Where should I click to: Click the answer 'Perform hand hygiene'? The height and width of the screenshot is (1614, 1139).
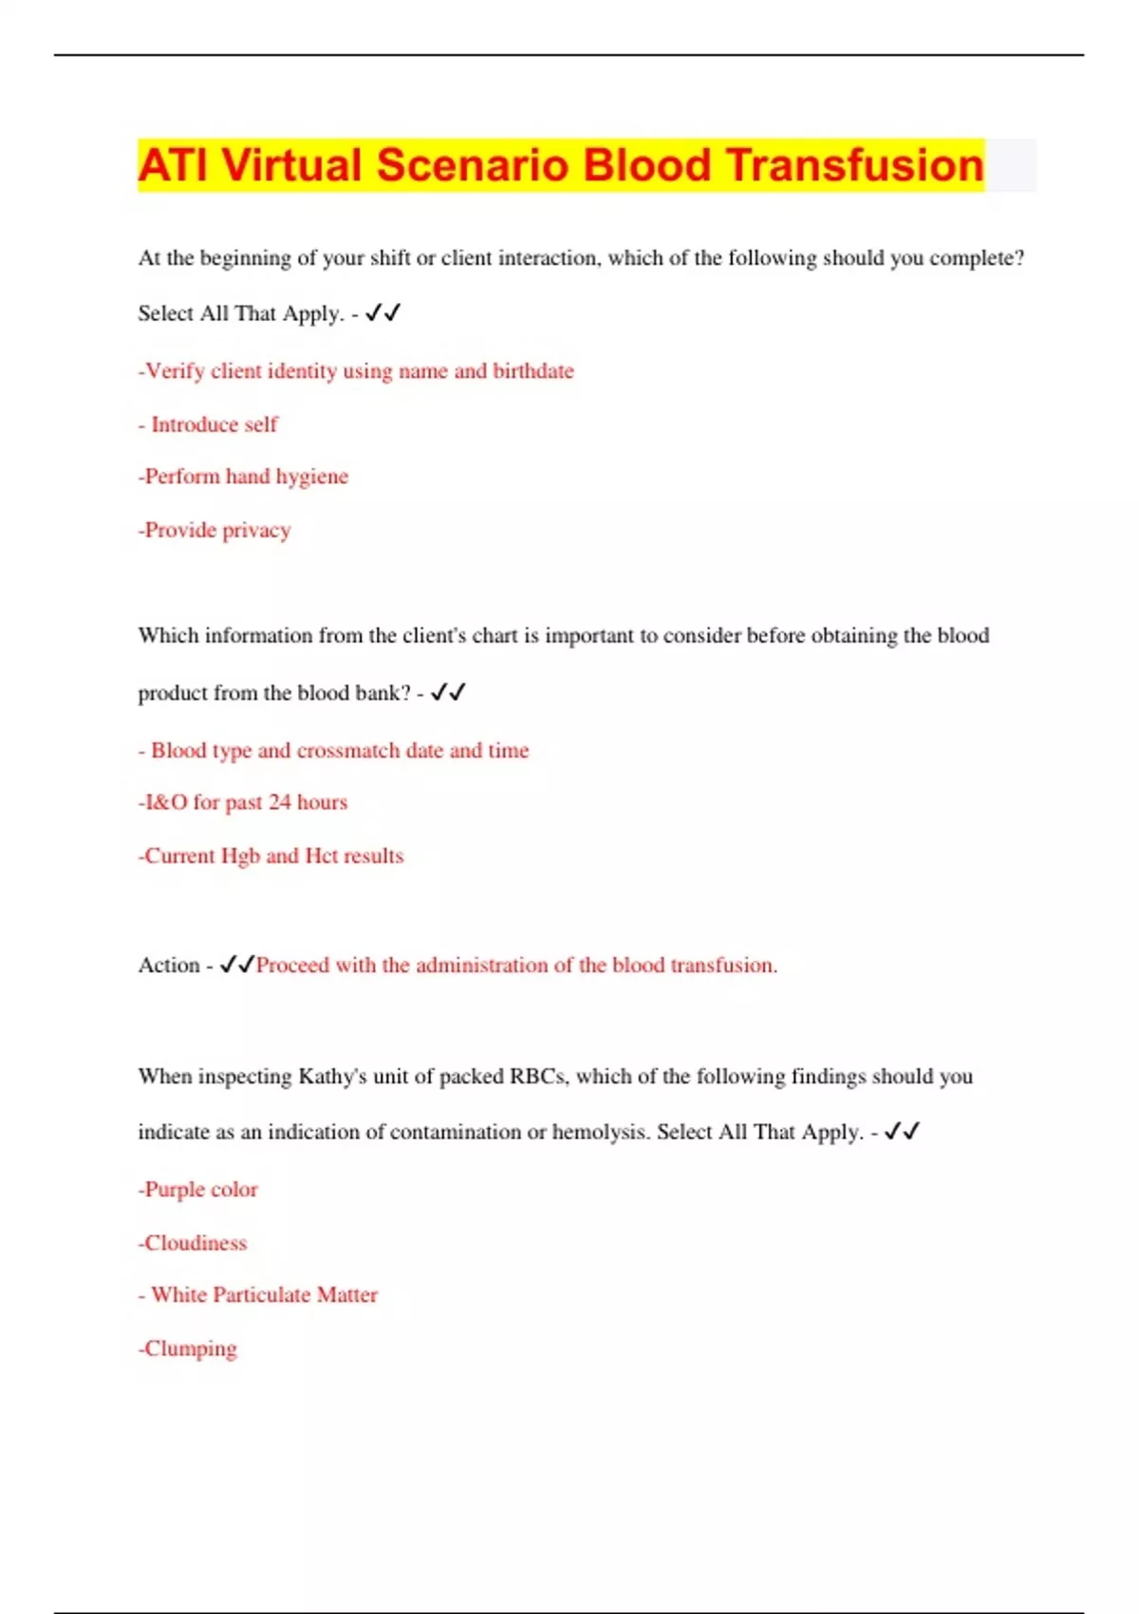(245, 477)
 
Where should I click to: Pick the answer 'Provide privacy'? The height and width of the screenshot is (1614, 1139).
(215, 530)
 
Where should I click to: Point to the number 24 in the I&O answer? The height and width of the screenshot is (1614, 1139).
(280, 802)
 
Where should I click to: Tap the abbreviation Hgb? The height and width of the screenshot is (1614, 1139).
(240, 855)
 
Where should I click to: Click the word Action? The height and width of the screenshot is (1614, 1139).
(169, 965)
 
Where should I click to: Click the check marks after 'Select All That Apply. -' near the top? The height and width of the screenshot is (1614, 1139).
(383, 312)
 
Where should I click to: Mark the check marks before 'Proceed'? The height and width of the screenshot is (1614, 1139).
(236, 965)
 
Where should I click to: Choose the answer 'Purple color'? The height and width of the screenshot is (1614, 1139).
(199, 1190)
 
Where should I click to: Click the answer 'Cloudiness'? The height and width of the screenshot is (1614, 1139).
(194, 1243)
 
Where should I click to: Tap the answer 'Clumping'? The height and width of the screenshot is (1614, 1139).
(189, 1348)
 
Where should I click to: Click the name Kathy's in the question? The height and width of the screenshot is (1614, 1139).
(332, 1077)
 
